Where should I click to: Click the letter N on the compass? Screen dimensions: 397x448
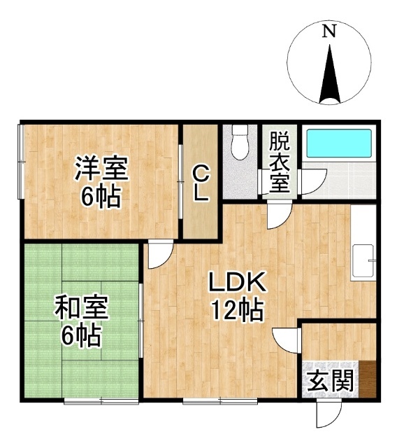[329, 31]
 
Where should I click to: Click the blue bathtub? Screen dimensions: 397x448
[339, 143]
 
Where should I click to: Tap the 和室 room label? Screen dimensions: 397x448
[82, 308]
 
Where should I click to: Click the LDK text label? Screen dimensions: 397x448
[237, 282]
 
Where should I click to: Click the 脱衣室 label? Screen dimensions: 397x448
[280, 162]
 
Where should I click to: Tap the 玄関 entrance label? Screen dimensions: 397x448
[331, 380]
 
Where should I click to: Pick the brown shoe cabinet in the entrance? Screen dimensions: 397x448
[368, 379]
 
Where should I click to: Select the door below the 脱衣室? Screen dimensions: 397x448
[280, 214]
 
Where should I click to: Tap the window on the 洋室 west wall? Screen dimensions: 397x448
[21, 162]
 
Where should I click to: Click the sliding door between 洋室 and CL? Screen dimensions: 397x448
[180, 182]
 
